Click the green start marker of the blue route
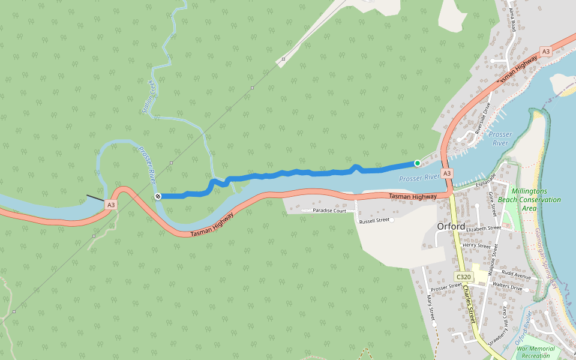click(x=417, y=163)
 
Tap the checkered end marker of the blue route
click(x=158, y=196)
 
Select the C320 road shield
click(x=463, y=277)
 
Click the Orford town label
click(x=452, y=226)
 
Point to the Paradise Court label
click(x=329, y=211)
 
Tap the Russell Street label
click(x=374, y=220)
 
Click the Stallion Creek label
click(x=148, y=97)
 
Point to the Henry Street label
click(x=477, y=245)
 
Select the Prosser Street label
click(x=446, y=287)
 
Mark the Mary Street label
click(x=430, y=306)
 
